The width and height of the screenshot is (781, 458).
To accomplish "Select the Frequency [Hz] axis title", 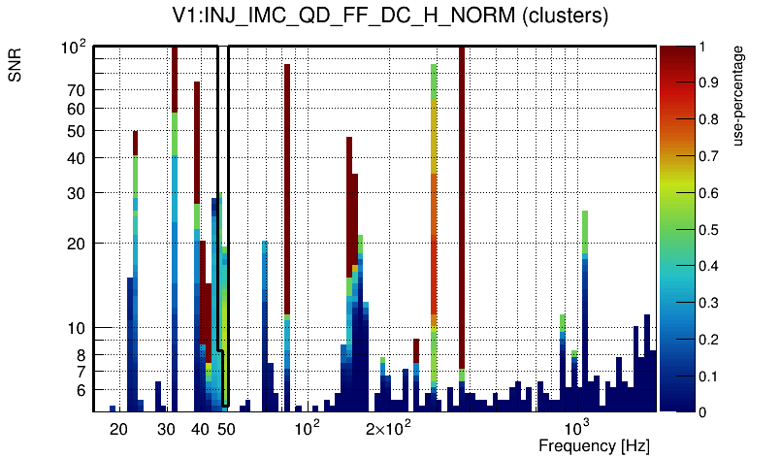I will coord(594,445).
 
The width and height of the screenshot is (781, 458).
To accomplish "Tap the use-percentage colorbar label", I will coord(738,95).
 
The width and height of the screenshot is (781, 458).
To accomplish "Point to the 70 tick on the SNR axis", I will coord(76,90).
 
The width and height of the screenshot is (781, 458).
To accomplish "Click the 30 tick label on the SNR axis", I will coord(76,193).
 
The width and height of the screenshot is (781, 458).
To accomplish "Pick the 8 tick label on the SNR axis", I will coord(80,355).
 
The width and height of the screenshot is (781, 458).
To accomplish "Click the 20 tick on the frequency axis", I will coord(118,428).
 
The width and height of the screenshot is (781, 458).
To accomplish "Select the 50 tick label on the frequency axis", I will coord(225,428).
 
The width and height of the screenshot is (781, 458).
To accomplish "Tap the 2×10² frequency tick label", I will coord(388,428).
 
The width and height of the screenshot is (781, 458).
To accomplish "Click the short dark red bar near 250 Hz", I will coord(415,349).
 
